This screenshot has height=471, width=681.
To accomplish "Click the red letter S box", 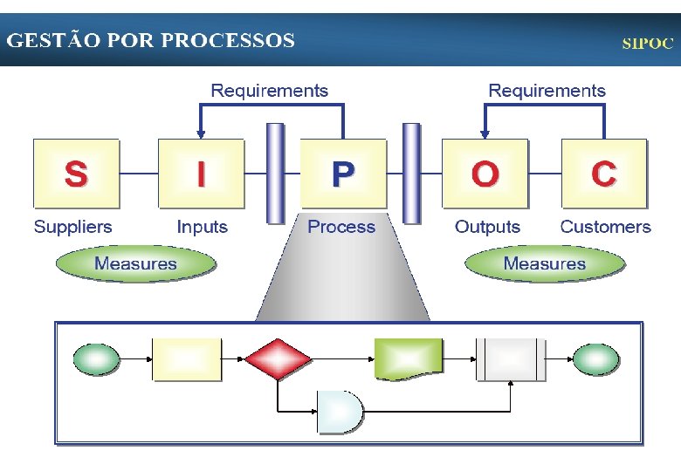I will (x=76, y=173).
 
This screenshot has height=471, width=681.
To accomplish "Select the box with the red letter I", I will (x=202, y=173).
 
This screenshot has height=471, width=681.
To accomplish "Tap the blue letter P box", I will (x=343, y=173).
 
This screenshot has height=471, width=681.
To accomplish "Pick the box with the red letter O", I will (x=485, y=173).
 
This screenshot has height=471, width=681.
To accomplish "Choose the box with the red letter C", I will (x=604, y=173).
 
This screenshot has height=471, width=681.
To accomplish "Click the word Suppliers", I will (x=73, y=227).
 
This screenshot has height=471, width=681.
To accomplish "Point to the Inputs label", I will (x=202, y=227).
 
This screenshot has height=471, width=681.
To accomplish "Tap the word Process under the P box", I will (x=341, y=227).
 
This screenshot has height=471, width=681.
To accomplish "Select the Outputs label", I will (x=487, y=227).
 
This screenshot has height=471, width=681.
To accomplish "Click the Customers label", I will (x=605, y=227).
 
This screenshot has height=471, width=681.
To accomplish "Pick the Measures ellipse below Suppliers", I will (x=135, y=263).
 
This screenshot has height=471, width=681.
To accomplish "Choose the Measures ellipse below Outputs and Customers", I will (x=545, y=263).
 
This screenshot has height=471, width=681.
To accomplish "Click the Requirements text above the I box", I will (x=270, y=91).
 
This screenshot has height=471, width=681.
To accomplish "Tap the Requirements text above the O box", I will (x=547, y=91).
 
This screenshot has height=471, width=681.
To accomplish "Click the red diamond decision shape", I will (x=278, y=359).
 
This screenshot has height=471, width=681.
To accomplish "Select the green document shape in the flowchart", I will (x=409, y=358).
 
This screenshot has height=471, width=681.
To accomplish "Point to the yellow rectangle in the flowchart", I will (x=187, y=359).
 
